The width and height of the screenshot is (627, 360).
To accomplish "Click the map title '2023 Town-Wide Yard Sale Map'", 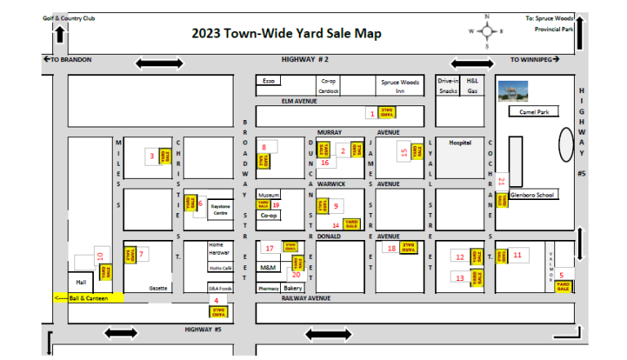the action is click(286, 33).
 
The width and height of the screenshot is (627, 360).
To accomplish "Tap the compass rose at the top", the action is click(487, 32).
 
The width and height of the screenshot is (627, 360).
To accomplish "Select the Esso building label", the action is click(267, 81).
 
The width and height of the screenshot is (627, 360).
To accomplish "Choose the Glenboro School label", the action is click(532, 195).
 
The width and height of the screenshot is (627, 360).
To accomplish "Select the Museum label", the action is click(269, 196).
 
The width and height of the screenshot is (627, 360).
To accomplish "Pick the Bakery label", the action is click(293, 288).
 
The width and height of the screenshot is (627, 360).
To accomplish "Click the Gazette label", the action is click(158, 288).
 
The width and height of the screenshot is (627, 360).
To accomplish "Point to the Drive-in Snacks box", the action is click(448, 86).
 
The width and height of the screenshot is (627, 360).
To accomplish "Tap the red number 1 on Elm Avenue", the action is click(372, 114).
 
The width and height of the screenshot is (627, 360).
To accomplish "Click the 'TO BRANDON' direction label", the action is click(68, 60).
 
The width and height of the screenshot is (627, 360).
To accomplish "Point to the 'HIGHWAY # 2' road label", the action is click(305, 60).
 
